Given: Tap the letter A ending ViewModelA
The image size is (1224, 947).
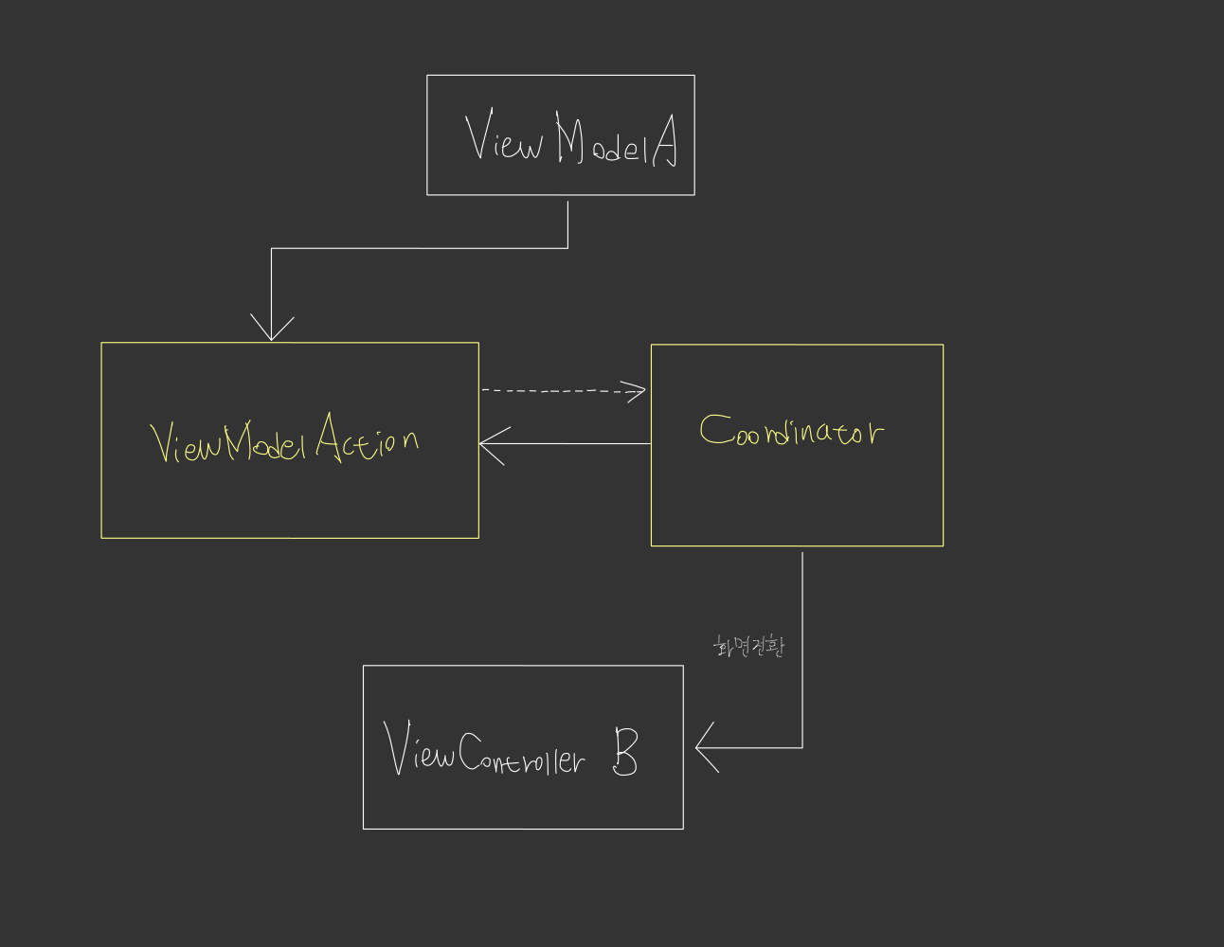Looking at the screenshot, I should (x=665, y=142).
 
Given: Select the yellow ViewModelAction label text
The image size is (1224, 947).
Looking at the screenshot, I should (x=284, y=439).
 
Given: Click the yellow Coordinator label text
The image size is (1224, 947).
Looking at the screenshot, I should (x=791, y=432).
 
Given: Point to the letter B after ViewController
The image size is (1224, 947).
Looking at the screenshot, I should (x=624, y=752).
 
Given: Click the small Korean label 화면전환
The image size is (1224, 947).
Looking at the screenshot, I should (x=748, y=647).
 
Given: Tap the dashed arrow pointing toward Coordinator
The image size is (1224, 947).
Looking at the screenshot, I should (x=559, y=389).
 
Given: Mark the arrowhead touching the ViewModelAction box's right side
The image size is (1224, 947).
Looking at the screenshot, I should (x=489, y=443).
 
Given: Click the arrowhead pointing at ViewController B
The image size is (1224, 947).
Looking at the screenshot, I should (x=706, y=747).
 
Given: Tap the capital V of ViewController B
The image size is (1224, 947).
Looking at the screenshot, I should (x=397, y=748).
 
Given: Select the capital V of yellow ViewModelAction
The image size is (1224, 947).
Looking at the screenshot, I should (x=164, y=441).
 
